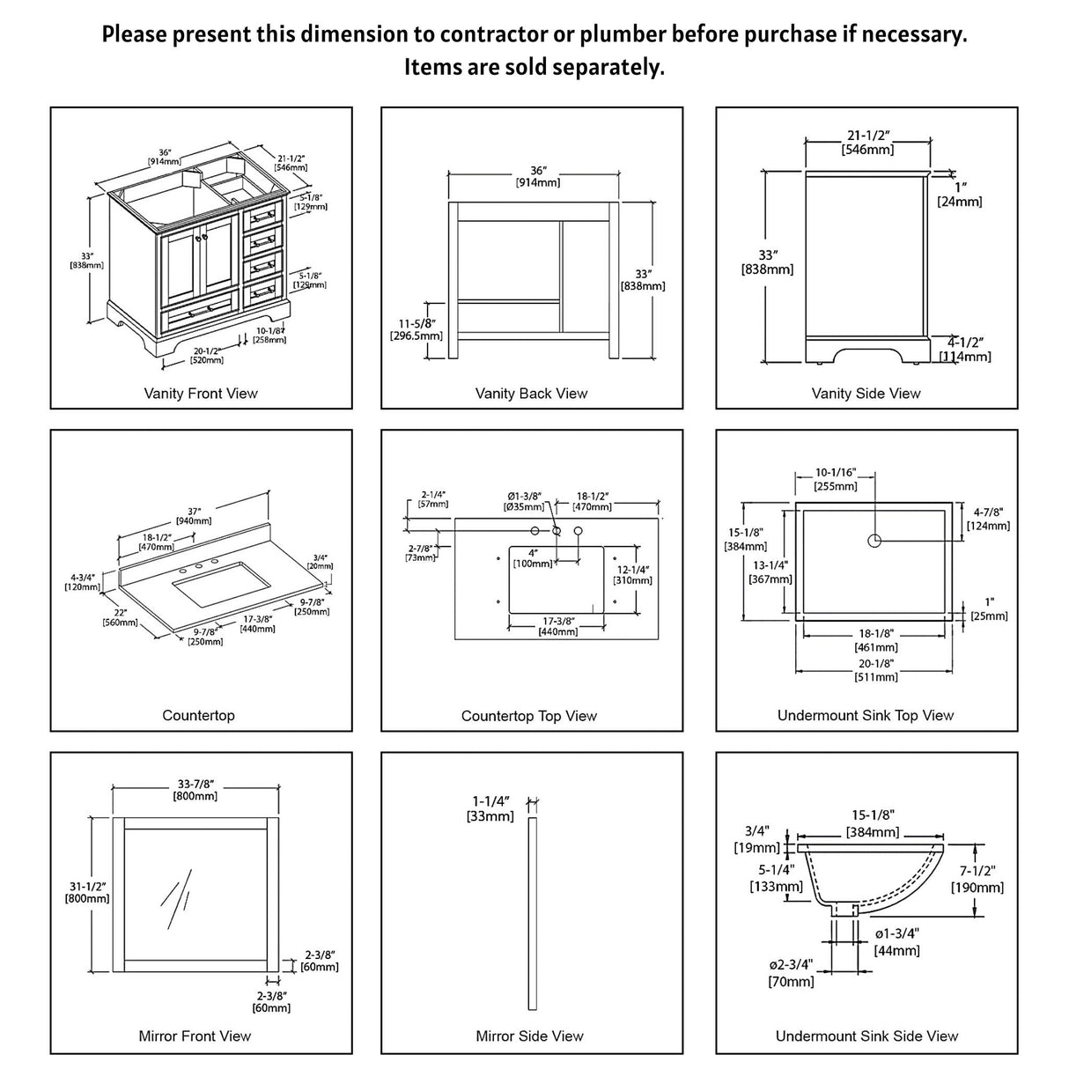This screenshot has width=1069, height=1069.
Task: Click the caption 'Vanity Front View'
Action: tap(201, 394)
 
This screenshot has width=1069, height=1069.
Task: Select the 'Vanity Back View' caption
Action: tap(531, 394)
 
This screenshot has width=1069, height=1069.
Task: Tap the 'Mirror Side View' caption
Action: tap(529, 1036)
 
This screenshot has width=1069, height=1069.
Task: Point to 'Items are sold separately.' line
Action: tap(534, 67)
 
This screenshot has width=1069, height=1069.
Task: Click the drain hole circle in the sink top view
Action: tap(874, 541)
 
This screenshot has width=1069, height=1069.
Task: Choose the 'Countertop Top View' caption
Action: tap(529, 716)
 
